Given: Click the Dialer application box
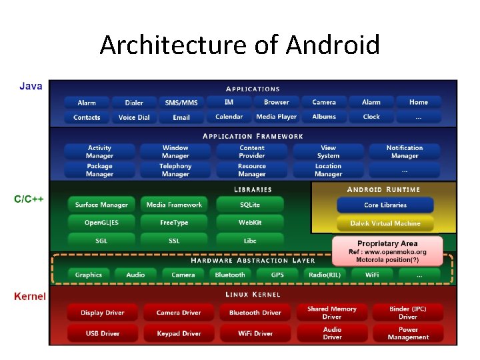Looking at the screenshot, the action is (134, 103).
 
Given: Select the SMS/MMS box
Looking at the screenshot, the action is (181, 103).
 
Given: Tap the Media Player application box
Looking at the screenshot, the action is (277, 117).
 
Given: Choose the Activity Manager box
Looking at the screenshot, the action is (99, 152).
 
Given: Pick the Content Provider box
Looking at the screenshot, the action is (252, 152).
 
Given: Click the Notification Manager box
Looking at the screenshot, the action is (405, 152).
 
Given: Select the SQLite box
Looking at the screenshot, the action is (250, 205).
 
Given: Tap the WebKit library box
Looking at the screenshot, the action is (250, 223).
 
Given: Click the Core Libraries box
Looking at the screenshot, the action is (385, 205).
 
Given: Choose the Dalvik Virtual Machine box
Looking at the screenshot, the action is (385, 223).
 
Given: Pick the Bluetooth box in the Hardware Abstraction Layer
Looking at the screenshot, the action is (230, 275).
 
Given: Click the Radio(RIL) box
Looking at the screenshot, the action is (325, 275).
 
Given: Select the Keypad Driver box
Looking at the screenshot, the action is (179, 333).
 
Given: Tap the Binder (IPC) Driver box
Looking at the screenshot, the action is (408, 313).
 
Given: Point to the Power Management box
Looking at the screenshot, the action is (408, 333).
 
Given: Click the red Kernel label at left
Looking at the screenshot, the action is (30, 296).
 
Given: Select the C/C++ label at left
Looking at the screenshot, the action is (29, 199).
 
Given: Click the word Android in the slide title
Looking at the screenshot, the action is (333, 45).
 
